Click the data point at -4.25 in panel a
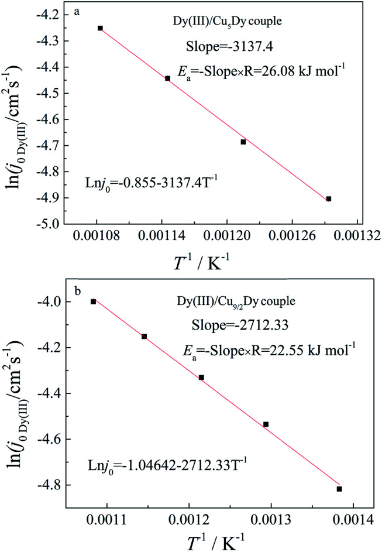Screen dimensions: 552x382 pos(100,28)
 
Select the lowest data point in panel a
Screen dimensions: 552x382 pos(329,199)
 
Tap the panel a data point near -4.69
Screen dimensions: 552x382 pos(243,142)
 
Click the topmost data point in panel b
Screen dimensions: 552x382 pos(93,301)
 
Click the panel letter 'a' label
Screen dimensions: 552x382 pos(77,12)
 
